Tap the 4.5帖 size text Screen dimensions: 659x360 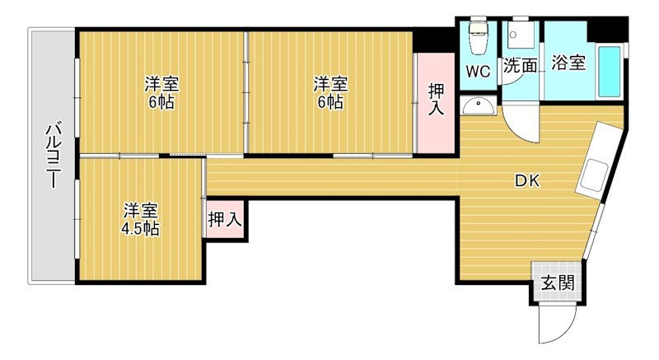tap(140, 229)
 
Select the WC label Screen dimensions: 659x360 tap(478, 72)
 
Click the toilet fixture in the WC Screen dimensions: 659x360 tap(478, 38)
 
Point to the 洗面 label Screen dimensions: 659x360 tap(521, 65)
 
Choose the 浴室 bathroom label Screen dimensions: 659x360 tap(568, 63)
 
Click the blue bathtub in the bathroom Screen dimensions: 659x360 tap(610, 72)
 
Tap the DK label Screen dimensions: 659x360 tap(527, 180)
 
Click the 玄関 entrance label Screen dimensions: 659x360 tap(558, 283)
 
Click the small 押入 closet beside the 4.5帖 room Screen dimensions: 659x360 tap(225, 219)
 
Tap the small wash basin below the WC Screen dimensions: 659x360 tap(478, 105)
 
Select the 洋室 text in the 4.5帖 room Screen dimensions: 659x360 tap(140, 211)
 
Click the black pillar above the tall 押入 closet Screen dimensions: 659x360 tap(434, 40)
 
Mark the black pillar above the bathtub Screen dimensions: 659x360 tap(607, 30)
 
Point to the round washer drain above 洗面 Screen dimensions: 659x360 tap(512, 35)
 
